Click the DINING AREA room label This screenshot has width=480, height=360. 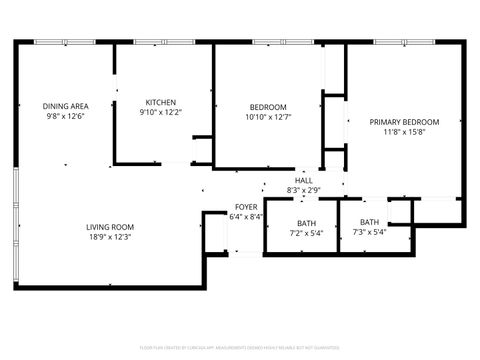coord(65,106)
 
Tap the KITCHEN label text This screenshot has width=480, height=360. coord(161,102)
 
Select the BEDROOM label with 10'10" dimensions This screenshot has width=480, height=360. coord(268,107)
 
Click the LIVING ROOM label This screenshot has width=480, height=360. coord(110,227)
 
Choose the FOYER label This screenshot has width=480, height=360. coord(246,206)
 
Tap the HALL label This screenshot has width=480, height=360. coord(303,180)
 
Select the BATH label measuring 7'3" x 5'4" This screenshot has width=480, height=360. coord(369,222)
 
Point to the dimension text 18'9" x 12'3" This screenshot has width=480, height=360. coord(110,237)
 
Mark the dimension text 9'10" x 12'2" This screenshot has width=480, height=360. coord(161,112)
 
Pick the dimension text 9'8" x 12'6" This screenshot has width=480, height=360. coord(65,116)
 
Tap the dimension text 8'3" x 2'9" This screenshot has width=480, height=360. coord(303,190)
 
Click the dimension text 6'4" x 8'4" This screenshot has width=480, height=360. coord(246,216)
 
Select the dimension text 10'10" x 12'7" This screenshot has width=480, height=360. coord(268,117)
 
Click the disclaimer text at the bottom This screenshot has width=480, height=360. coord(240,348)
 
